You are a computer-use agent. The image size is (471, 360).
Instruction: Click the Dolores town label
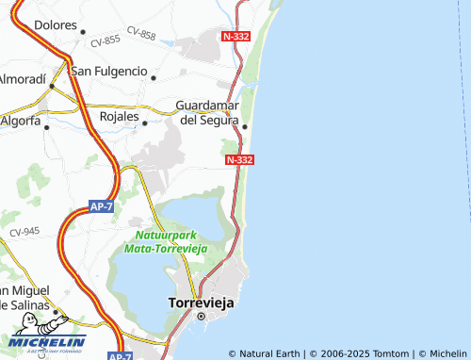55,25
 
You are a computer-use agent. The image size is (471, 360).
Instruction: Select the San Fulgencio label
109,72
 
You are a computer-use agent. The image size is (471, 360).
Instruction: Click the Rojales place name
119,117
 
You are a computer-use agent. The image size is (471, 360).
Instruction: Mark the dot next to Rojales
145,123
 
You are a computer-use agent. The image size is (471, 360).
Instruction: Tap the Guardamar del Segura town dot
245,127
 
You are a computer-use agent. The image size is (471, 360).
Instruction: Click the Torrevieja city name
200,303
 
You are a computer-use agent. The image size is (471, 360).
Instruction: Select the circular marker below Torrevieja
200,318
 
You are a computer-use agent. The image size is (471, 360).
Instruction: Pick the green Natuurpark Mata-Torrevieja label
166,240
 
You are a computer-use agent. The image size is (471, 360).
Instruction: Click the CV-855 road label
106,41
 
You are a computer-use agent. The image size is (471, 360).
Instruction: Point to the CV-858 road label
141,35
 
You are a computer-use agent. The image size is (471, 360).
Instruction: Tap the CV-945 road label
24,231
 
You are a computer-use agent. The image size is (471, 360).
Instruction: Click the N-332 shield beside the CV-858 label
237,36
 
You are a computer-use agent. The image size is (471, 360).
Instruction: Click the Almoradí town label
22,79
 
